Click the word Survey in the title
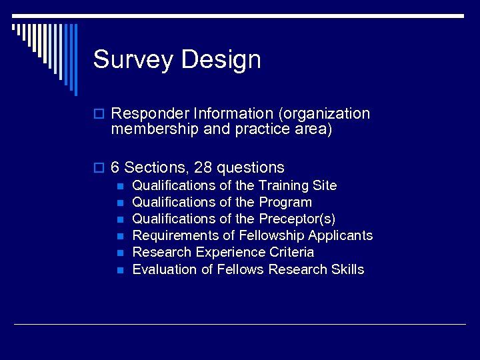pyautogui.click(x=133, y=60)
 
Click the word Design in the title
pyautogui.click(x=221, y=60)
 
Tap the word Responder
pyautogui.click(x=145, y=114)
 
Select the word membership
pyautogui.click(x=155, y=129)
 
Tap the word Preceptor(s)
pyautogui.click(x=297, y=219)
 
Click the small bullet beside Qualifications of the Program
pyautogui.click(x=120, y=203)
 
